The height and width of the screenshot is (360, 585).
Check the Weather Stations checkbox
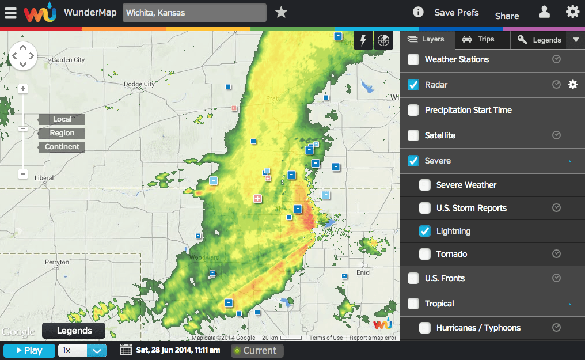point(413,59)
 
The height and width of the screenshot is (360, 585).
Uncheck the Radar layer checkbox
point(413,85)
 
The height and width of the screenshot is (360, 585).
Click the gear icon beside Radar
point(572,85)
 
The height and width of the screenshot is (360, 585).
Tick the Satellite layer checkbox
point(413,135)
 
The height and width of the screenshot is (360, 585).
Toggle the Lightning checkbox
point(425,231)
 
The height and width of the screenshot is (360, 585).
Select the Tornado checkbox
point(425,254)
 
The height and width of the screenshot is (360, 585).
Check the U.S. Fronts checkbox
point(413,278)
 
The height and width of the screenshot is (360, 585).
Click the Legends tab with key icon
point(539,40)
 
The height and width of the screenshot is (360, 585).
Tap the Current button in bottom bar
point(257,350)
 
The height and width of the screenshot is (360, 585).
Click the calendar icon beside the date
point(126,350)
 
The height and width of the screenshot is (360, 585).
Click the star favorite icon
point(281,12)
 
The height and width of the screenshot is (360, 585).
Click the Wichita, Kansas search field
point(194,13)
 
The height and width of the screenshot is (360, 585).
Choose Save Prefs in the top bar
point(457,13)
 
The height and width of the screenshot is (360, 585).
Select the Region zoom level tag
point(62,133)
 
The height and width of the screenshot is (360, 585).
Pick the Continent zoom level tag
point(62,147)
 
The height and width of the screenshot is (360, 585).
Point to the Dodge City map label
point(139,84)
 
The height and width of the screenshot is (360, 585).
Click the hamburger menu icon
point(11,13)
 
